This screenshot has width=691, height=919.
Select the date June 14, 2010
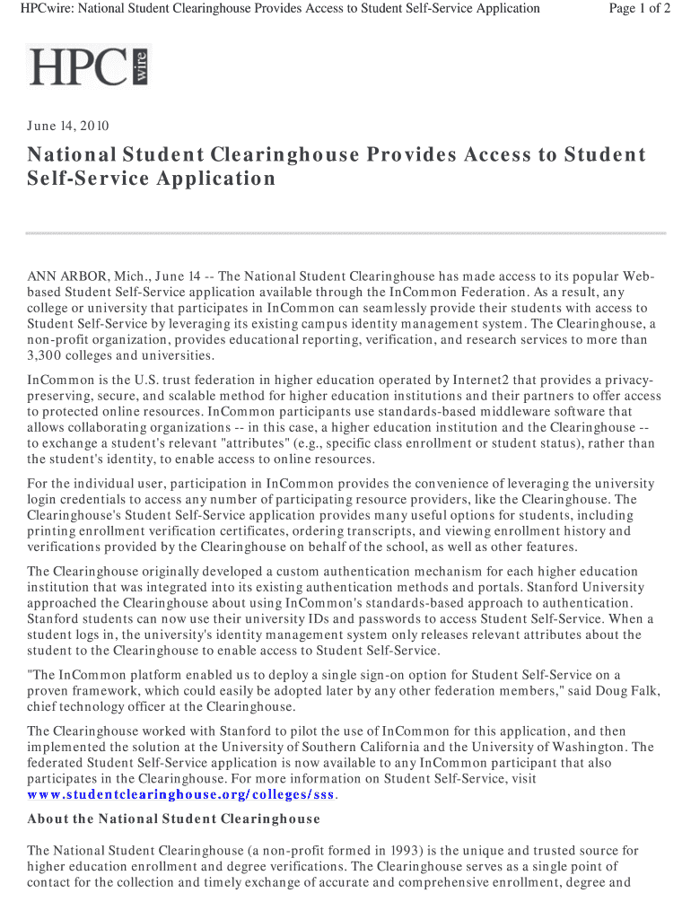68,126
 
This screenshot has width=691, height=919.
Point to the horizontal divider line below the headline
345,232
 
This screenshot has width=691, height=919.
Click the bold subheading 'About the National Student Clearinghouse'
174,819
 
